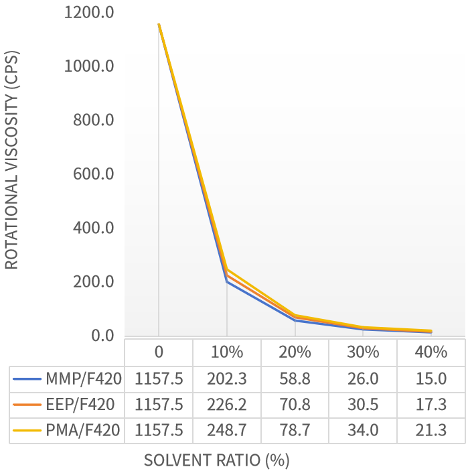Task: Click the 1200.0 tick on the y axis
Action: (x=89, y=13)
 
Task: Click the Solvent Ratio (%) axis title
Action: (x=216, y=460)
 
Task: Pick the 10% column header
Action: (x=227, y=352)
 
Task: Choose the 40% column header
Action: (x=431, y=352)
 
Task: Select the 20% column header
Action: (x=295, y=352)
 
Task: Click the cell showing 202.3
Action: (x=227, y=379)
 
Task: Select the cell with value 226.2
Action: (x=227, y=405)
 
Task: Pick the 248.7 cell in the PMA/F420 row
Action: (x=227, y=430)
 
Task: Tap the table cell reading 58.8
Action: (x=295, y=379)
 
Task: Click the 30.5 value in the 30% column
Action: (x=363, y=405)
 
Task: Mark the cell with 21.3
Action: (x=431, y=430)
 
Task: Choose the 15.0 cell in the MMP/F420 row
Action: (x=431, y=379)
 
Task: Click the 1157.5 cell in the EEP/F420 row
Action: (x=159, y=405)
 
